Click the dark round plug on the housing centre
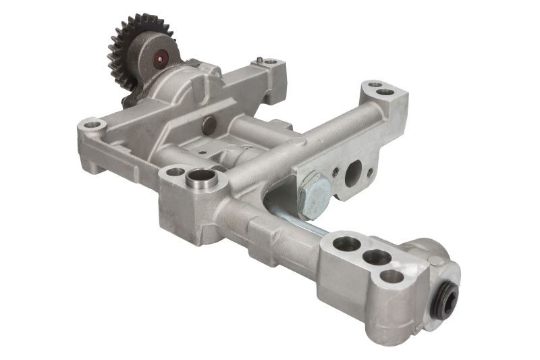pyautogui.click(x=209, y=124)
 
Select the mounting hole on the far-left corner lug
pyautogui.click(x=91, y=124)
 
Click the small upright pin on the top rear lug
pyautogui.click(x=259, y=61)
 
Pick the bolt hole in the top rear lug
pyautogui.click(x=271, y=63)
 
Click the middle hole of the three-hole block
pyautogui.click(x=376, y=257)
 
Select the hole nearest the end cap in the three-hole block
pyautogui.click(x=392, y=276)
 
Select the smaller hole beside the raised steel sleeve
pyautogui.click(x=175, y=172)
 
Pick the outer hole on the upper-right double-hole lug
pyautogui.click(x=385, y=92)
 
